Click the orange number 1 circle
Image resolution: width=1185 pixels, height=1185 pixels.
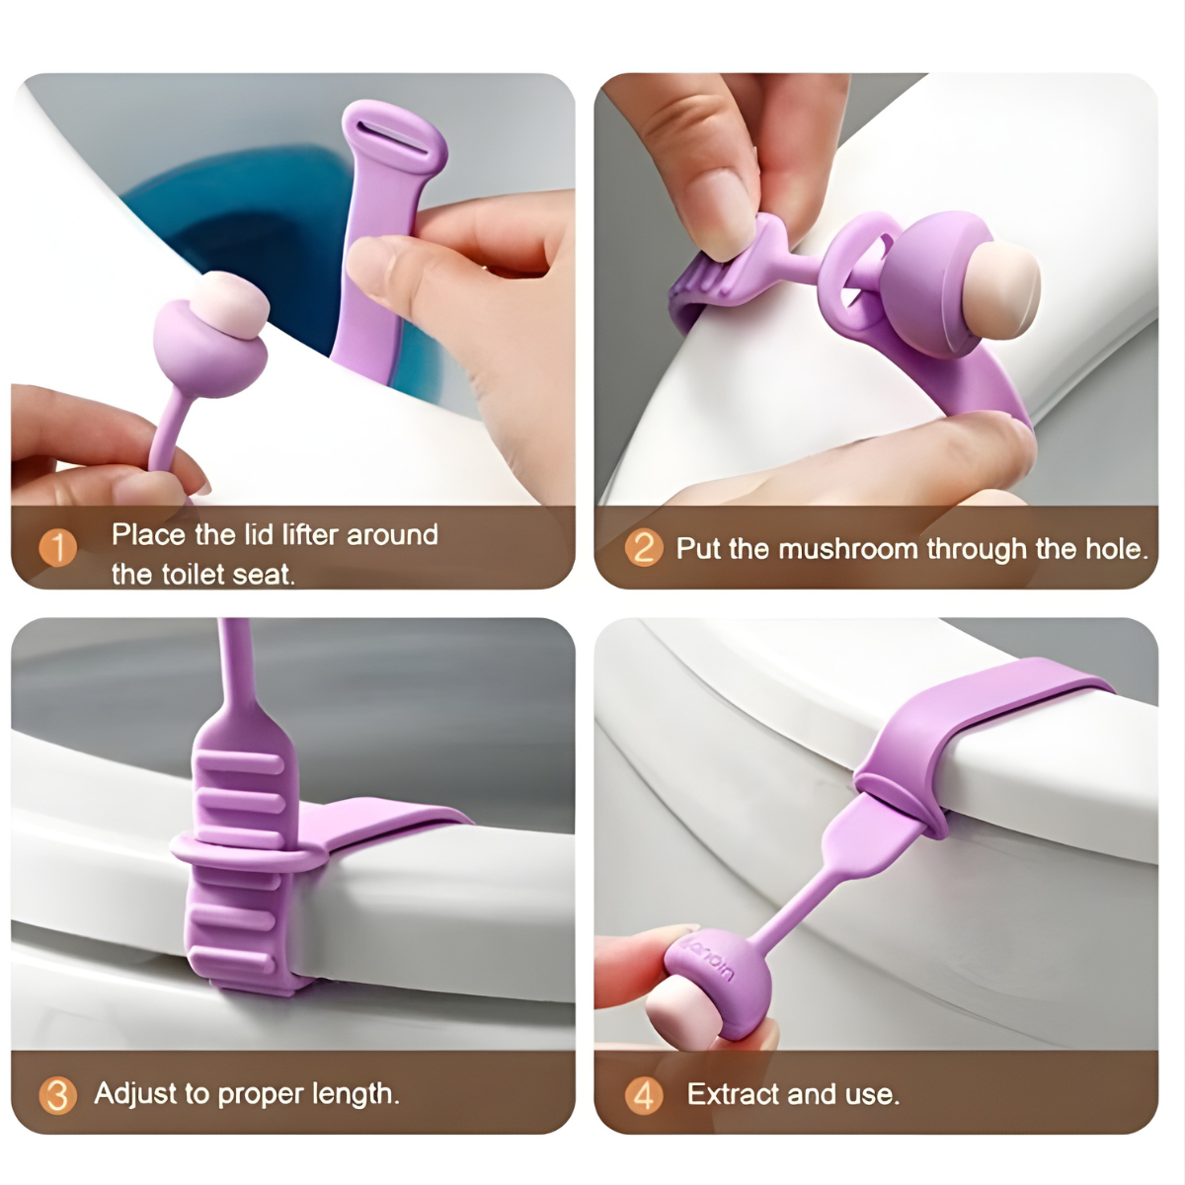click(58, 548)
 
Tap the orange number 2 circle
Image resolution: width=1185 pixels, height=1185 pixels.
click(644, 548)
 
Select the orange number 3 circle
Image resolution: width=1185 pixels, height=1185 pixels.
click(58, 1095)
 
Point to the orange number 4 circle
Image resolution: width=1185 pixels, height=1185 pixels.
click(644, 1095)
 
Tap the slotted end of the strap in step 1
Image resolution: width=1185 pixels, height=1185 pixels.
click(394, 136)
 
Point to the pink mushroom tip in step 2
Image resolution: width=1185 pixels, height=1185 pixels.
click(1006, 289)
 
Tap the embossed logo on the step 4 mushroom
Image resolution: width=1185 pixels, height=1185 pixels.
click(712, 959)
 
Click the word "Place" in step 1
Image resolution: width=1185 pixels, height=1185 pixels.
click(148, 534)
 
